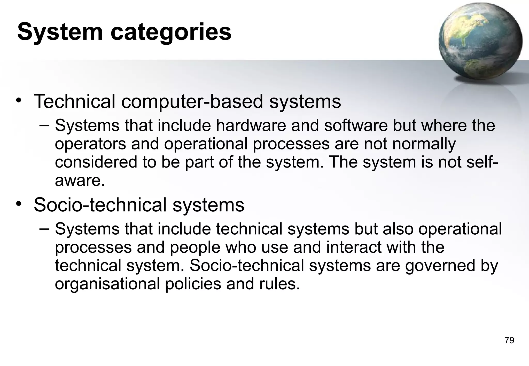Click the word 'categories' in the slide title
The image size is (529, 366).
171,32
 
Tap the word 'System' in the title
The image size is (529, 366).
60,32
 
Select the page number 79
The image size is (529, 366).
509,340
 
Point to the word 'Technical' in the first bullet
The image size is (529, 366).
74,101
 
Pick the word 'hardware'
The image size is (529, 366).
251,125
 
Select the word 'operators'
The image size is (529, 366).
90,144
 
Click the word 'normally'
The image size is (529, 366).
424,144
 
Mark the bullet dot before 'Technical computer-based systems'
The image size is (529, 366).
19,100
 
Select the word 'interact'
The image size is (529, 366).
354,247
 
